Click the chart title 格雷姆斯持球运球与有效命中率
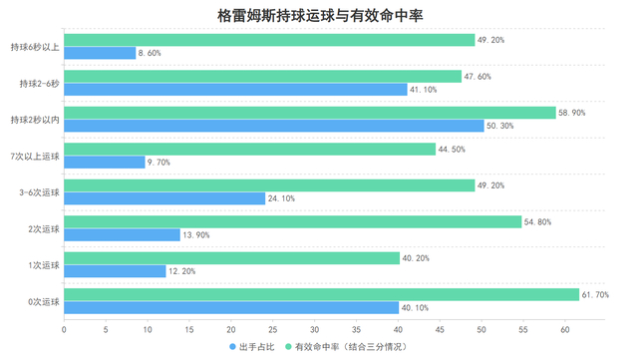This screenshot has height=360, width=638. [320, 16]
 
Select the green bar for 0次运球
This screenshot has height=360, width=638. [321, 294]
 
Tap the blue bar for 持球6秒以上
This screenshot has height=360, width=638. [100, 53]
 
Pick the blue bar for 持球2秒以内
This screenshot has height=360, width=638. [274, 126]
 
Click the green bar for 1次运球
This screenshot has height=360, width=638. [232, 258]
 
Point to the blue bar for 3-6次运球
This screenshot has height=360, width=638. [164, 198]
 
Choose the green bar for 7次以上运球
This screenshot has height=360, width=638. [250, 149]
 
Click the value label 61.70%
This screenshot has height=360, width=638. [595, 295]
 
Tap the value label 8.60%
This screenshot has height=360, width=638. [150, 53]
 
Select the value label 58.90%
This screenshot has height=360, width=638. [571, 113]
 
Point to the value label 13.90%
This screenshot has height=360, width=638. [196, 235]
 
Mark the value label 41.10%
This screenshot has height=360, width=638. [423, 90]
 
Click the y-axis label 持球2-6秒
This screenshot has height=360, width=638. [40, 84]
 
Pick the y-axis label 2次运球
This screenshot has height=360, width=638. [44, 229]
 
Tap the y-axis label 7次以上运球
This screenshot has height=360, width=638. [35, 157]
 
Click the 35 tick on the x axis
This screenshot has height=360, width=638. [357, 329]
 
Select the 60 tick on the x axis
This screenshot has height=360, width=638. [565, 329]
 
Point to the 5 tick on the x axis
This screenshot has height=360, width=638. [106, 329]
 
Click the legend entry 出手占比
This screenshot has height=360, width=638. [252, 347]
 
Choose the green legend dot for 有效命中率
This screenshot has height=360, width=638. [288, 347]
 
